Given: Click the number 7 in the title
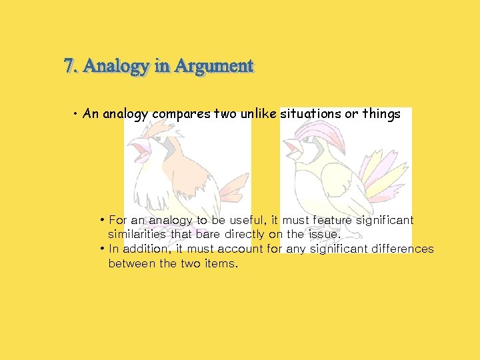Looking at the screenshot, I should point(69,67).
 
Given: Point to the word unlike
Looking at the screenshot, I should point(258,113).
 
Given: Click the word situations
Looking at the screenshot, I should point(311,114).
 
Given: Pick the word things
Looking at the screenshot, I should point(381,114).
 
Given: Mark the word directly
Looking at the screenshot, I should point(245,234).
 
